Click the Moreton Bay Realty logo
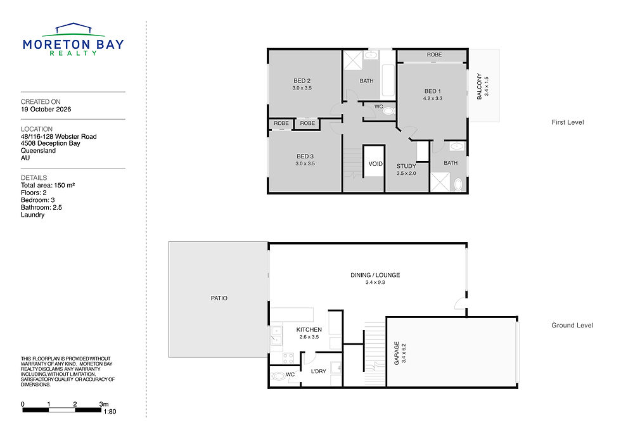(74, 39)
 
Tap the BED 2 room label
(302, 80)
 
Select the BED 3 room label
(305, 156)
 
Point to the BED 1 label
(432, 91)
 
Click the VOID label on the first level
(375, 164)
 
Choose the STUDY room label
(406, 166)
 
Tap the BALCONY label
(479, 86)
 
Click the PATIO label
(219, 298)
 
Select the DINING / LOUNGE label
(375, 275)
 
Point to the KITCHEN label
(309, 330)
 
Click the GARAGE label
(397, 353)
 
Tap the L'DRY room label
(318, 371)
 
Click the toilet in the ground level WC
(279, 376)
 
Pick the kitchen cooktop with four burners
(288, 359)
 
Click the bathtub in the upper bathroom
(388, 80)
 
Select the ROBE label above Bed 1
(434, 54)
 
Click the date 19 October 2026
(46, 109)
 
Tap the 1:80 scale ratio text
(110, 412)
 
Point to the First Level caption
(568, 122)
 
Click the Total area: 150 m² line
(48, 185)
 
